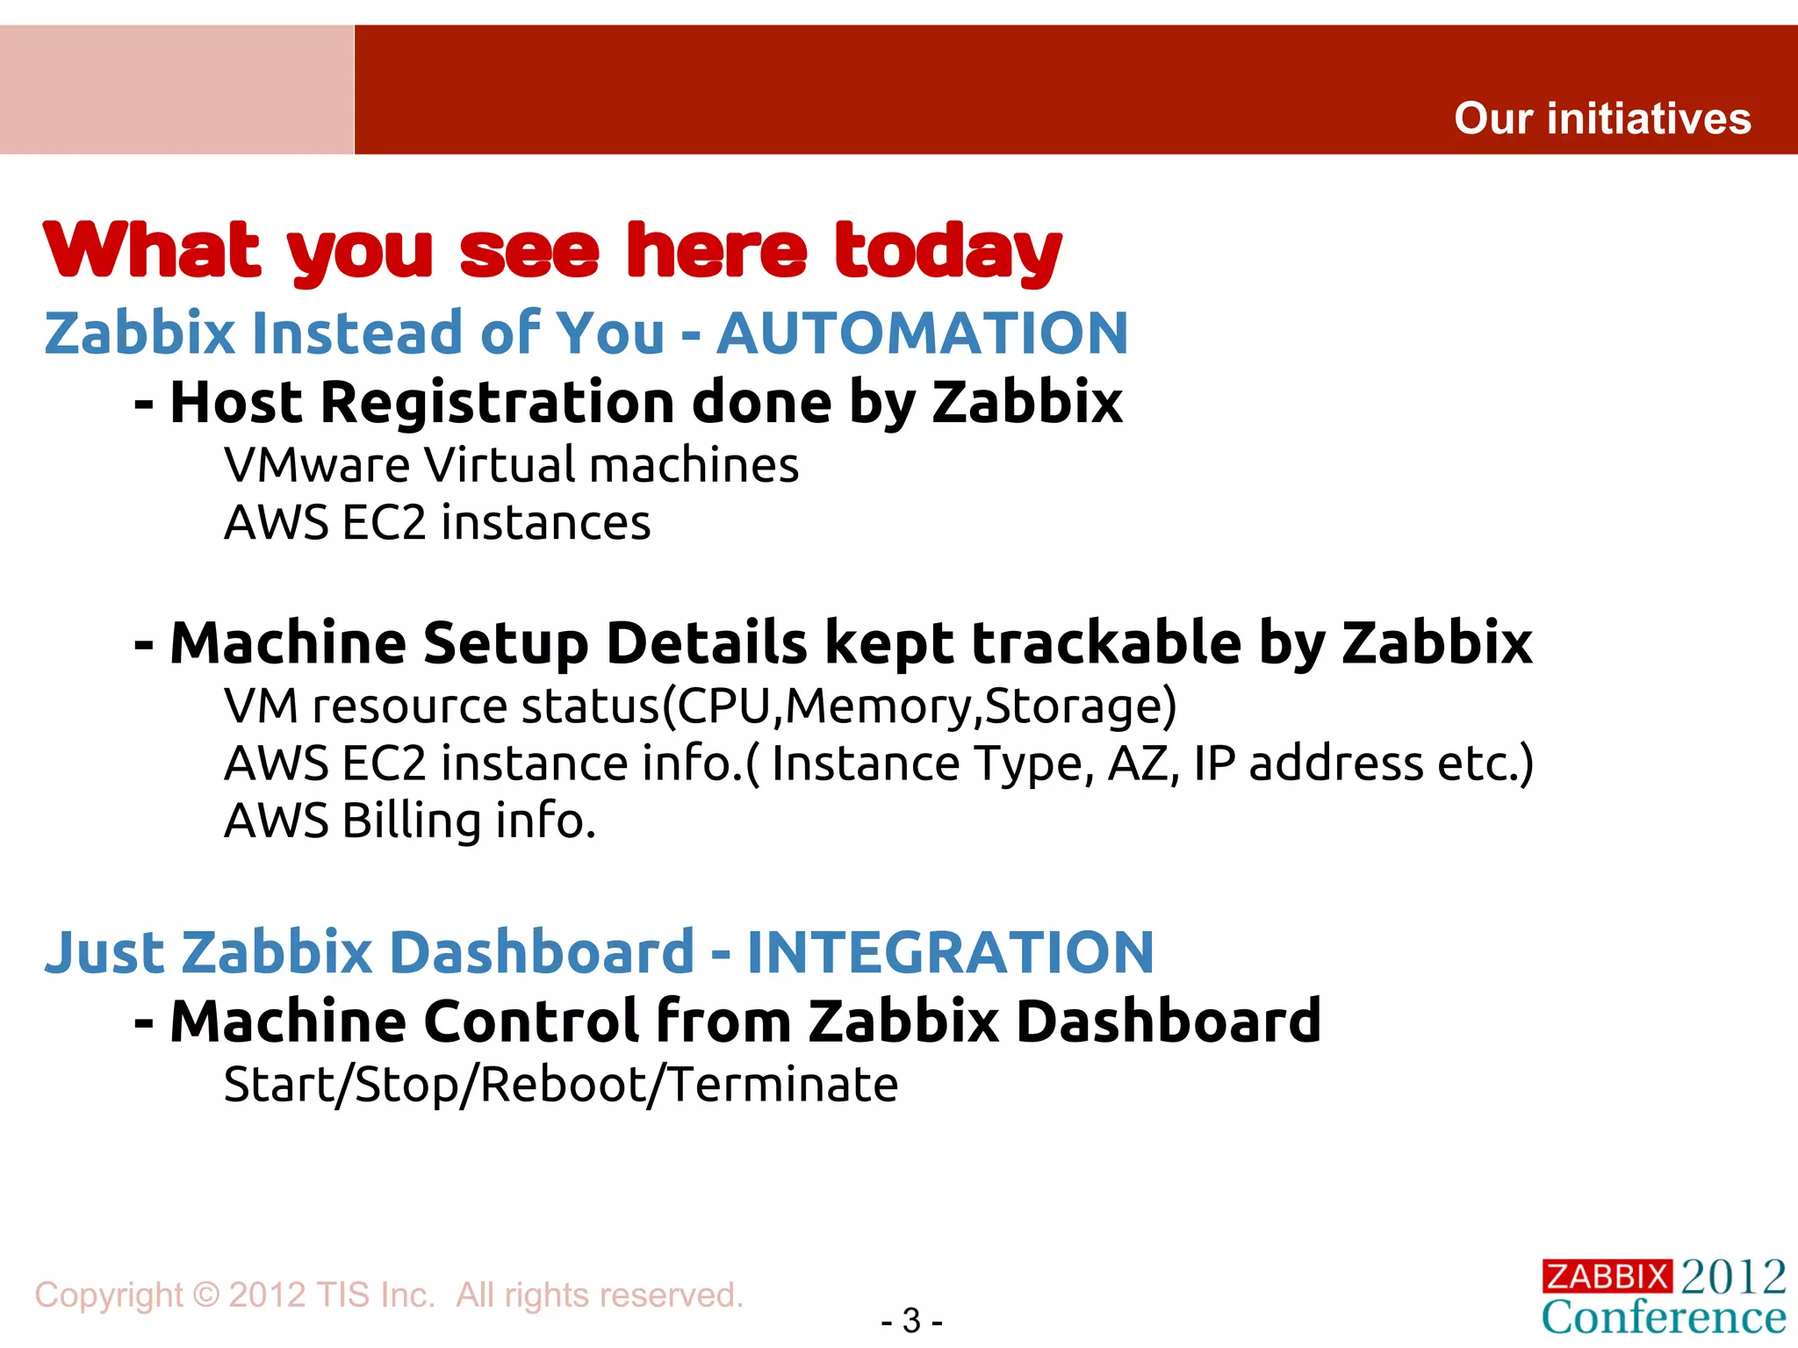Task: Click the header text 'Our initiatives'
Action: point(1602,118)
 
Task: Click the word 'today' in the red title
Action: point(948,251)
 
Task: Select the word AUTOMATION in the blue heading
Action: point(923,333)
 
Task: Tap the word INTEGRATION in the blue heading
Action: point(951,952)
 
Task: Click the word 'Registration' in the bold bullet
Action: point(499,403)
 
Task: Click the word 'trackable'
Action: point(1106,643)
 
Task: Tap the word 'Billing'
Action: point(412,821)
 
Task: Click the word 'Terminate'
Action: point(784,1085)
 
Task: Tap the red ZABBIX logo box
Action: point(1607,1276)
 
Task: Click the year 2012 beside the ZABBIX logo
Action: point(1734,1276)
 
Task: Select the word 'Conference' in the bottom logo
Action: point(1664,1317)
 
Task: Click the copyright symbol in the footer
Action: point(205,1295)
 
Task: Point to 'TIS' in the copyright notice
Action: point(332,1295)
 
